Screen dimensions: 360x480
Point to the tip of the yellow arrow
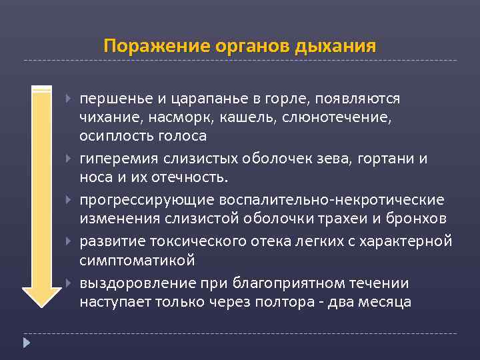click(x=42, y=305)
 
